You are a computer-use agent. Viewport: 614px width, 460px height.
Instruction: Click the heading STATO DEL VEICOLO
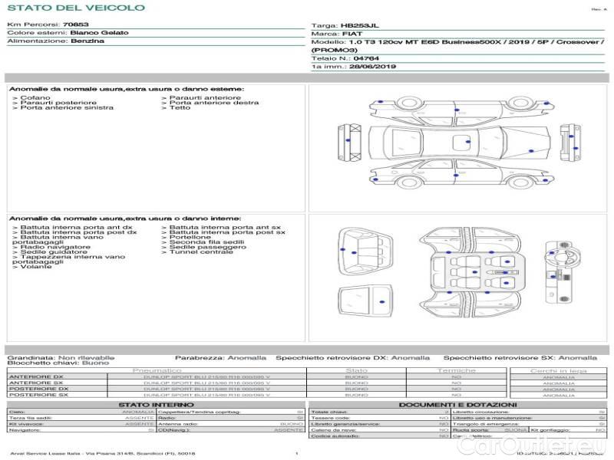coord(75,8)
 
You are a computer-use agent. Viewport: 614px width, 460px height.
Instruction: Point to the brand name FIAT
coord(353,34)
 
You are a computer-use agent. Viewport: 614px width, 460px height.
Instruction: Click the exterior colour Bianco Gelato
coord(99,34)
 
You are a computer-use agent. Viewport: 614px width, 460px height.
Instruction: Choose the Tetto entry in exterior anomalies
coord(180,108)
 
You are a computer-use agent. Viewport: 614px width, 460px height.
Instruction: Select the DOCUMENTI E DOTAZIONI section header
coord(457,404)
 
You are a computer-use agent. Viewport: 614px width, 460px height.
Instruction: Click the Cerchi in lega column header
coord(558,370)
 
